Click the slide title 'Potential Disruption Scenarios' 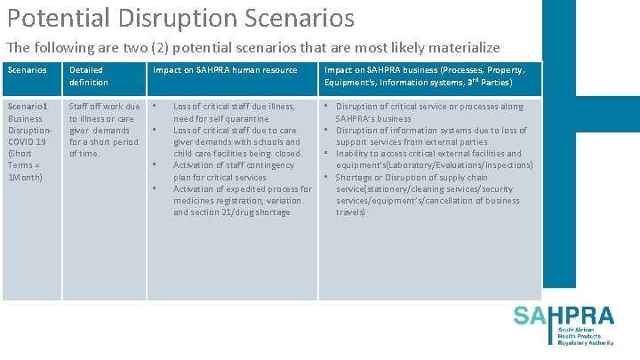pyautogui.click(x=179, y=18)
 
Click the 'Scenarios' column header pyautogui.click(x=26, y=70)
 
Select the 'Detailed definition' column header pyautogui.click(x=88, y=76)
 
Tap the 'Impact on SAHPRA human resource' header pyautogui.click(x=225, y=70)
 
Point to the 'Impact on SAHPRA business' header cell pyautogui.click(x=424, y=76)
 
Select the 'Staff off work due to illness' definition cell pyautogui.click(x=104, y=130)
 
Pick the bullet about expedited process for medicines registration pyautogui.click(x=242, y=200)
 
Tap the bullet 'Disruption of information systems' pyautogui.click(x=430, y=136)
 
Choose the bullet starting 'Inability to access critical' pyautogui.click(x=430, y=159)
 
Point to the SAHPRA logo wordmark pyautogui.click(x=564, y=316)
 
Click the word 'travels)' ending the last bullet pyautogui.click(x=350, y=212)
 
